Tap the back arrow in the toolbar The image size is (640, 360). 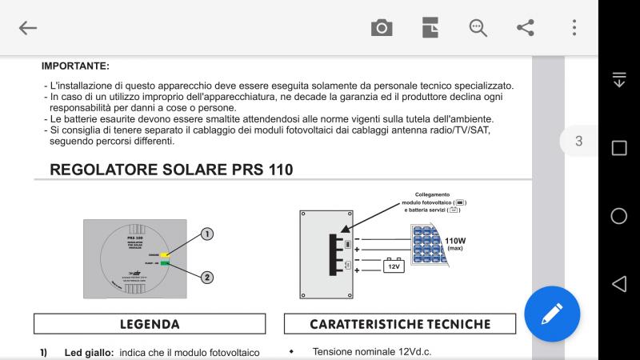coord(28,28)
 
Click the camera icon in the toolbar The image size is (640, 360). coord(382,28)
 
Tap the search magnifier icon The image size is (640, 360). coord(478,28)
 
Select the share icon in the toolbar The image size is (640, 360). coord(526,28)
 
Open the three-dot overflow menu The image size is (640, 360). coord(574,28)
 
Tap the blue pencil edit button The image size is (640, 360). coord(552,314)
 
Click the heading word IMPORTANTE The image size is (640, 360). coord(75,66)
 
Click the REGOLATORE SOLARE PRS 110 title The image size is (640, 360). coord(170,170)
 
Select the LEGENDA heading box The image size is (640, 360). coord(150,324)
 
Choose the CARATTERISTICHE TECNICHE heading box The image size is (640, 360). coord(399,324)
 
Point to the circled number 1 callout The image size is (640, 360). coord(206,234)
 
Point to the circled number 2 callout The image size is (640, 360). coord(206,278)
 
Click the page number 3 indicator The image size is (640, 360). coord(578,142)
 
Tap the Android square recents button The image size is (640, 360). coord(618,148)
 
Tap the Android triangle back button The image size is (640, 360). coord(618,284)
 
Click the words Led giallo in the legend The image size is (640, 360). coord(90,352)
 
